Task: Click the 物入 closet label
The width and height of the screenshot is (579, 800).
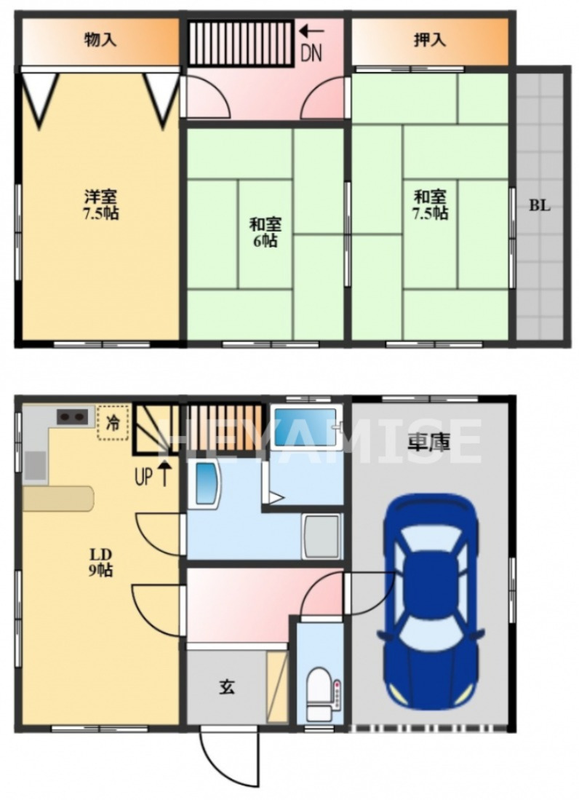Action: pyautogui.click(x=100, y=40)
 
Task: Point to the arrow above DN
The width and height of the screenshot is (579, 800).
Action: pyautogui.click(x=311, y=31)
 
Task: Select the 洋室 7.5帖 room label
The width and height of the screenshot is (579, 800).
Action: pyautogui.click(x=100, y=205)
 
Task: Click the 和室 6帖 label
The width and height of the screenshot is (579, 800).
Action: pyautogui.click(x=265, y=231)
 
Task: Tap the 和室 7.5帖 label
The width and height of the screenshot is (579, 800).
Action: pyautogui.click(x=431, y=205)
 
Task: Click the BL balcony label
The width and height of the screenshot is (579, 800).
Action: pyautogui.click(x=539, y=205)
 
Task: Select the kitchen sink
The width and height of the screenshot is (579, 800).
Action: pyautogui.click(x=35, y=465)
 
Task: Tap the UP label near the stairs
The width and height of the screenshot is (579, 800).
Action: pyautogui.click(x=145, y=478)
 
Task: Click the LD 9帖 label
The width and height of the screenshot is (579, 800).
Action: pyautogui.click(x=100, y=561)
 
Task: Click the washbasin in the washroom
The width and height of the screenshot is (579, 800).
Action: pyautogui.click(x=207, y=483)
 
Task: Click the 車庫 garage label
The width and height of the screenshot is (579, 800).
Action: pyautogui.click(x=429, y=442)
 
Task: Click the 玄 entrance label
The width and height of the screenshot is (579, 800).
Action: pyautogui.click(x=227, y=686)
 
